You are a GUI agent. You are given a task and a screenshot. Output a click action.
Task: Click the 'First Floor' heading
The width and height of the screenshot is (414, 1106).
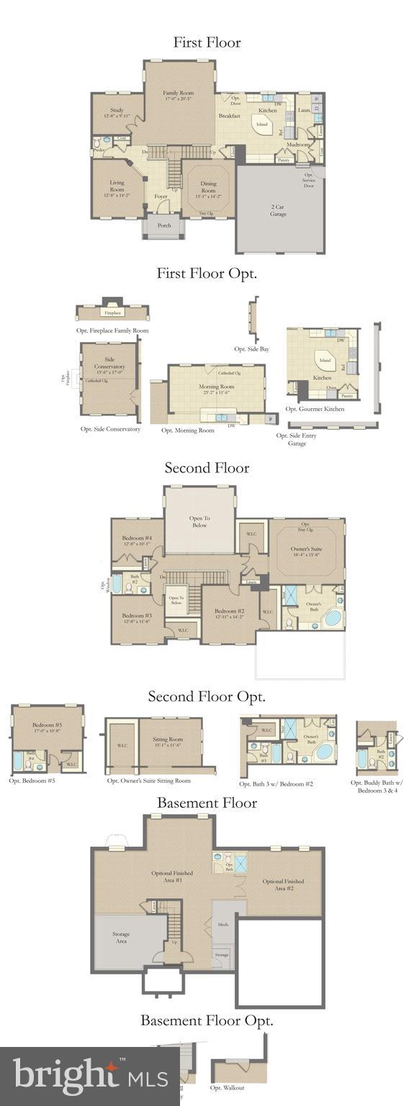point(207,42)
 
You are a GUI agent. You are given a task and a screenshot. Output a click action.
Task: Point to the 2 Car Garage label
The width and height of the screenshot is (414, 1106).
point(279,210)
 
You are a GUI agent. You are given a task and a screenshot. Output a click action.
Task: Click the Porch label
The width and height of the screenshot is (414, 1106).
point(164,225)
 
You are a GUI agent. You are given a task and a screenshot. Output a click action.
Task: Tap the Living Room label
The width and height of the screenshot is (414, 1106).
point(117,186)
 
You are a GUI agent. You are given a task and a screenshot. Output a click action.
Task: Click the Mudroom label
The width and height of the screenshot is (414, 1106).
point(297,145)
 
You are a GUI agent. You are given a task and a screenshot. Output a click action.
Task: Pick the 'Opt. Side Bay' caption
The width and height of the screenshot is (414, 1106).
point(252,349)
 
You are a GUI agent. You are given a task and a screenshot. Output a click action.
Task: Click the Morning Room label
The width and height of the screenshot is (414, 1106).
point(216,390)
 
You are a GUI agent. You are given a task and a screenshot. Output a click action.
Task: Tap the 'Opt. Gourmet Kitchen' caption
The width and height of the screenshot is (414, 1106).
point(315,409)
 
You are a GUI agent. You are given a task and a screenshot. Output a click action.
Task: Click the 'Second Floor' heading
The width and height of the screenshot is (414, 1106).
point(207,468)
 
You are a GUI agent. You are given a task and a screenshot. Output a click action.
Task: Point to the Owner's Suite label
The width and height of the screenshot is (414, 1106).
point(305,552)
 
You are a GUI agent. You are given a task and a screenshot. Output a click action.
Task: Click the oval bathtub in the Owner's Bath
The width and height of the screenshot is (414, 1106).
point(334,619)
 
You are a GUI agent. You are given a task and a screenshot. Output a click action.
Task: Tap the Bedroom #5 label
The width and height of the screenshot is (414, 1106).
point(47,728)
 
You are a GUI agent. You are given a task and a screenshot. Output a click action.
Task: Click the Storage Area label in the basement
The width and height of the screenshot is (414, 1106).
point(121,937)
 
